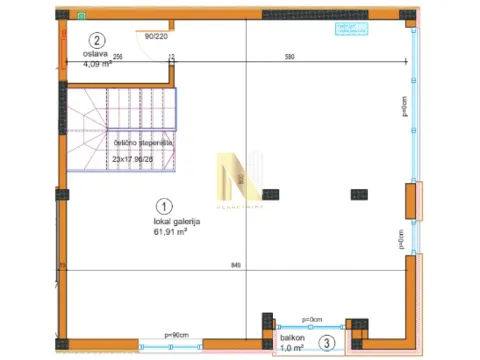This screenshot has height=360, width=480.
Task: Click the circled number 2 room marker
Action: pyautogui.click(x=96, y=40)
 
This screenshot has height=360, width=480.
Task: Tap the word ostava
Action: pyautogui.click(x=95, y=54)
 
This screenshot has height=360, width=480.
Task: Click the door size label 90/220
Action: pyautogui.click(x=156, y=36)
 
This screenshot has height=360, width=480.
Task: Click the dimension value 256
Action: pyautogui.click(x=117, y=56)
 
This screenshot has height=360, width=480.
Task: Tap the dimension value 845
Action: pyautogui.click(x=237, y=265)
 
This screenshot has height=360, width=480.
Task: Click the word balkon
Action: pyautogui.click(x=292, y=338)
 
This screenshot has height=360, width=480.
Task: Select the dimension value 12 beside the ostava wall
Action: pyautogui.click(x=171, y=57)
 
